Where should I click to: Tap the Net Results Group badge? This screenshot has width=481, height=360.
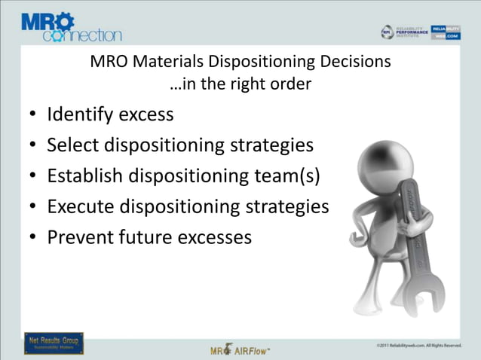54,343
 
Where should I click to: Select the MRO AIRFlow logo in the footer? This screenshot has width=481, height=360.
240,349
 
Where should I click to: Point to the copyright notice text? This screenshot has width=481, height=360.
418,345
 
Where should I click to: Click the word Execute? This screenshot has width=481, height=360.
79,206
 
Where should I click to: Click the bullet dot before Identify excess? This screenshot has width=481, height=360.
33,115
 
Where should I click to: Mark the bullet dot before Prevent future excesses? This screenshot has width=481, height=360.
33,237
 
